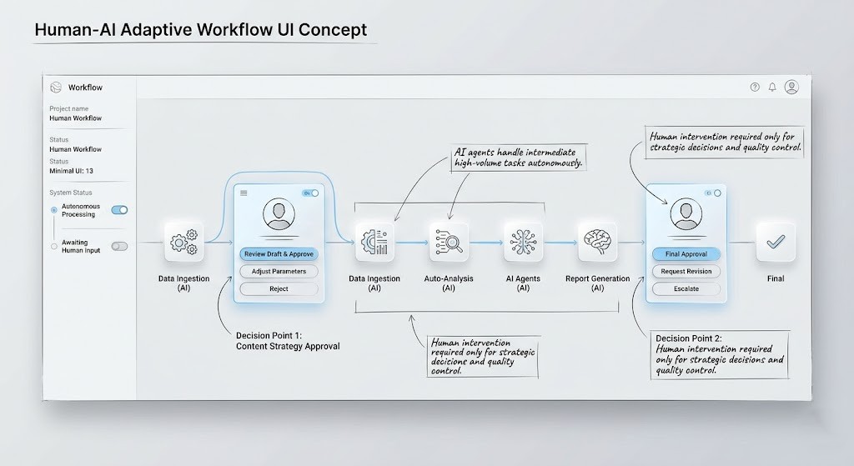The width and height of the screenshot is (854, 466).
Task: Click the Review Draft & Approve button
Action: click(279, 254)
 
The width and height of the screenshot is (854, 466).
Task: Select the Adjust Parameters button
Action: click(279, 271)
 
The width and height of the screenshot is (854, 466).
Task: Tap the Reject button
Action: click(279, 288)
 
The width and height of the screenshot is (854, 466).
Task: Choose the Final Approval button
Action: click(686, 254)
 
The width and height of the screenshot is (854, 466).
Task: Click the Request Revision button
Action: click(686, 271)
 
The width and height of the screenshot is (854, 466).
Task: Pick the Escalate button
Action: click(686, 288)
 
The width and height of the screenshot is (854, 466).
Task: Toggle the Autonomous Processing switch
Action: click(119, 210)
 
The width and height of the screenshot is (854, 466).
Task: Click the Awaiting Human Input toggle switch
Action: click(119, 246)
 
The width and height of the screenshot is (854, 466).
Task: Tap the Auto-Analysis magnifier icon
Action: click(449, 243)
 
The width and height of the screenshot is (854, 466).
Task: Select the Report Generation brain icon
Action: click(597, 242)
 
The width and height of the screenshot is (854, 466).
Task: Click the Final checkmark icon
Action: click(776, 242)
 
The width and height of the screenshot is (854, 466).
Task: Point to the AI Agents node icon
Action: click(523, 242)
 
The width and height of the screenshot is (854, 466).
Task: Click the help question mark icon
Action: click(755, 87)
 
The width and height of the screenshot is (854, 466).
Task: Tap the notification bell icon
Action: click(772, 87)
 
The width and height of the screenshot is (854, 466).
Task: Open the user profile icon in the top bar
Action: click(791, 87)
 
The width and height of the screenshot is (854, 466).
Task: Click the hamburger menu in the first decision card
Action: click(244, 193)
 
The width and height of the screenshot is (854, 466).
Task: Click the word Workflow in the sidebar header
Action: click(85, 88)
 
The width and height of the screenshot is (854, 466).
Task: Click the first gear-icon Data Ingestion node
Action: click(184, 243)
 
